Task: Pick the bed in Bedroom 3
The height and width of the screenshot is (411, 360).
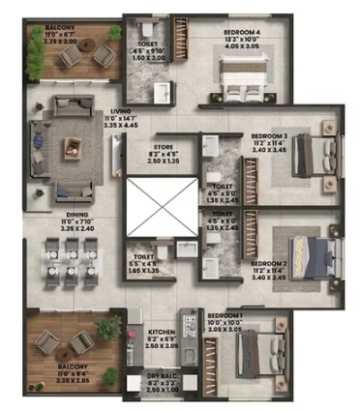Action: pyautogui.click(x=314, y=152)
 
